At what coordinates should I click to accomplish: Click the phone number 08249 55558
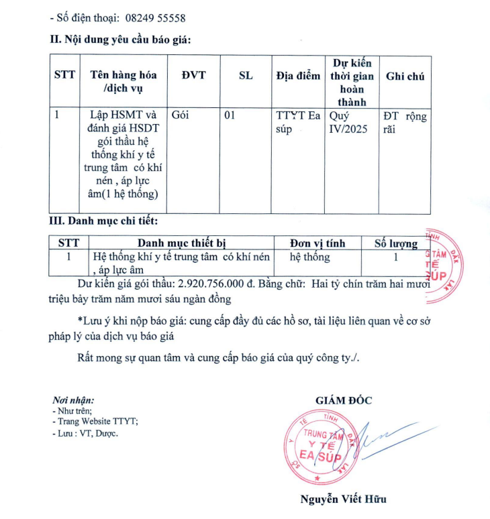[x=155, y=18]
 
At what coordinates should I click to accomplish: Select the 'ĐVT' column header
[x=193, y=76]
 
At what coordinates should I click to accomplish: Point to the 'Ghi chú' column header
[x=405, y=76]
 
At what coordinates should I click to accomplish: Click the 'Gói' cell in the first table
[x=181, y=115]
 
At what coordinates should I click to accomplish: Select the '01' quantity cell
[x=230, y=115]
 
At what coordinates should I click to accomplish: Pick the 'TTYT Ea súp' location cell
[x=298, y=121]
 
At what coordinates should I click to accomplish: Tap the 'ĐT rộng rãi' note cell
[x=404, y=121]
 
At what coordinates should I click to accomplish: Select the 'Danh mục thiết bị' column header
[x=181, y=243]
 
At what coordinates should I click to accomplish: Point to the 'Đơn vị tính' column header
[x=317, y=243]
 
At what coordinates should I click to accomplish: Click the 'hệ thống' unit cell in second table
[x=309, y=257]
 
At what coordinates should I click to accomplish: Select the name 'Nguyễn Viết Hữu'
[x=343, y=499]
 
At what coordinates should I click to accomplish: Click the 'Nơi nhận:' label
[x=73, y=400]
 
